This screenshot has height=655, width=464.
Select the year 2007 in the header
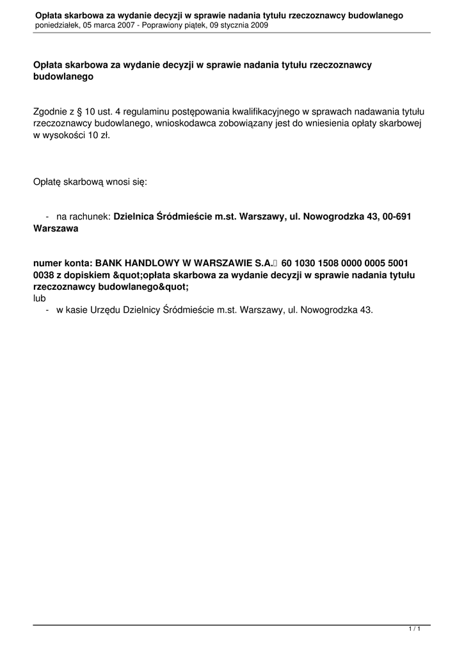tap(136, 25)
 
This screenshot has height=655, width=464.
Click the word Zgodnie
tap(50, 111)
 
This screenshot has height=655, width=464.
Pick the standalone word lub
tap(39, 298)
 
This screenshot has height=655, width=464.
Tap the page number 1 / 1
tap(414, 629)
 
